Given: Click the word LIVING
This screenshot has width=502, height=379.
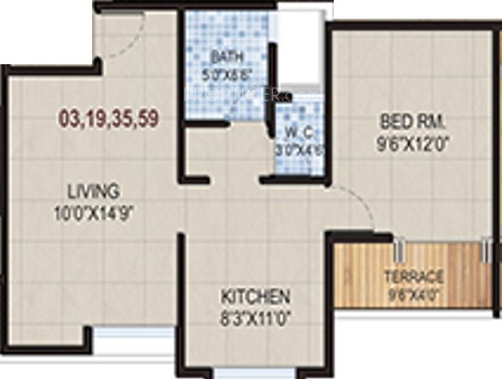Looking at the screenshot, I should click(x=98, y=191).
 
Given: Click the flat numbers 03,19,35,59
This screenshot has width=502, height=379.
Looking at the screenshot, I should click(x=104, y=119).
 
